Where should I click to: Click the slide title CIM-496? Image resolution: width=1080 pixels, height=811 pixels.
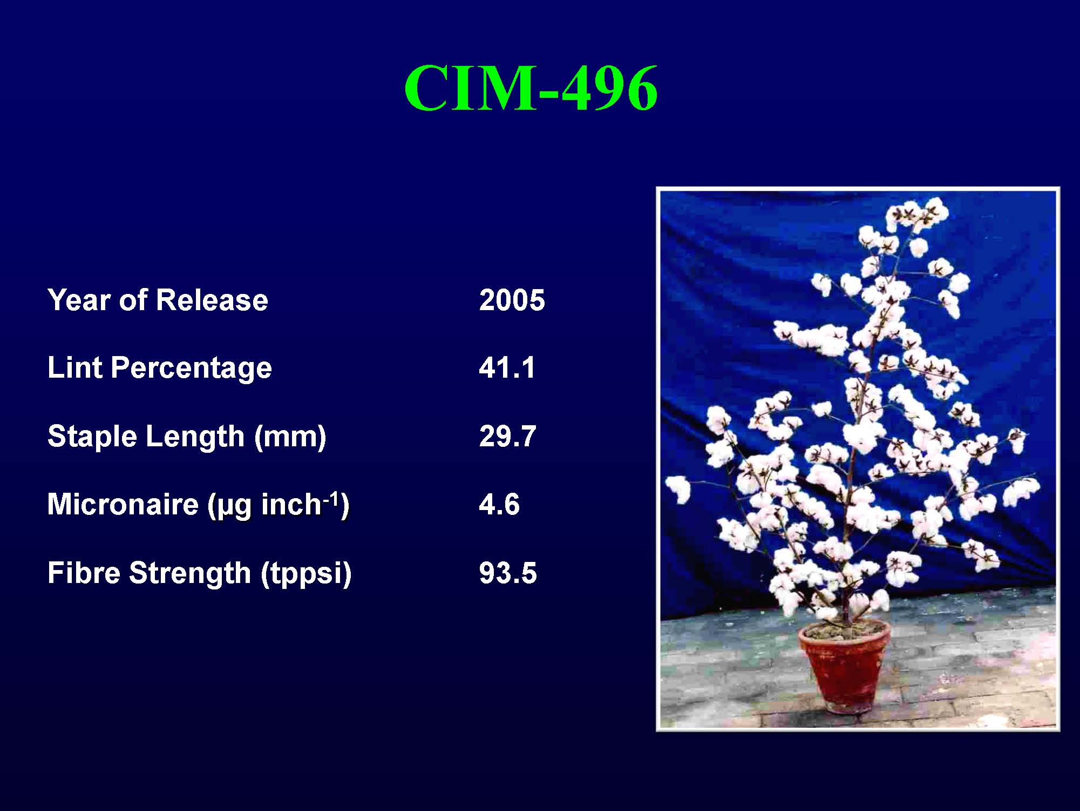point(531,88)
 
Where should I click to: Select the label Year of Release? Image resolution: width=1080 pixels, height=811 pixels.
point(158,300)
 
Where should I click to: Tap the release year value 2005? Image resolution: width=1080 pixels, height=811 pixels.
point(512,300)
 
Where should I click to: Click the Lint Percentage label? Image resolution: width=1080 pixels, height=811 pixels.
point(159,368)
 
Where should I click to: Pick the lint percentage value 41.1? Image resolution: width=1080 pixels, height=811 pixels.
point(507,368)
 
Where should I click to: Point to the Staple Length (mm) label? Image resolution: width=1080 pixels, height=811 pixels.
point(187,436)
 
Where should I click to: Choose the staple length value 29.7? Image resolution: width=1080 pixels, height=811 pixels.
point(507,436)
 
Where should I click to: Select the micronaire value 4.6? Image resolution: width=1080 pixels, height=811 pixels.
point(499,505)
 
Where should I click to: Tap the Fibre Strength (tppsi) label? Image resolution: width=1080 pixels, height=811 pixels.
point(199,573)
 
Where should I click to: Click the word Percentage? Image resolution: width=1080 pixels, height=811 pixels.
point(191,368)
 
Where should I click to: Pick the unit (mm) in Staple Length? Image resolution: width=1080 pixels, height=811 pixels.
point(290,437)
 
